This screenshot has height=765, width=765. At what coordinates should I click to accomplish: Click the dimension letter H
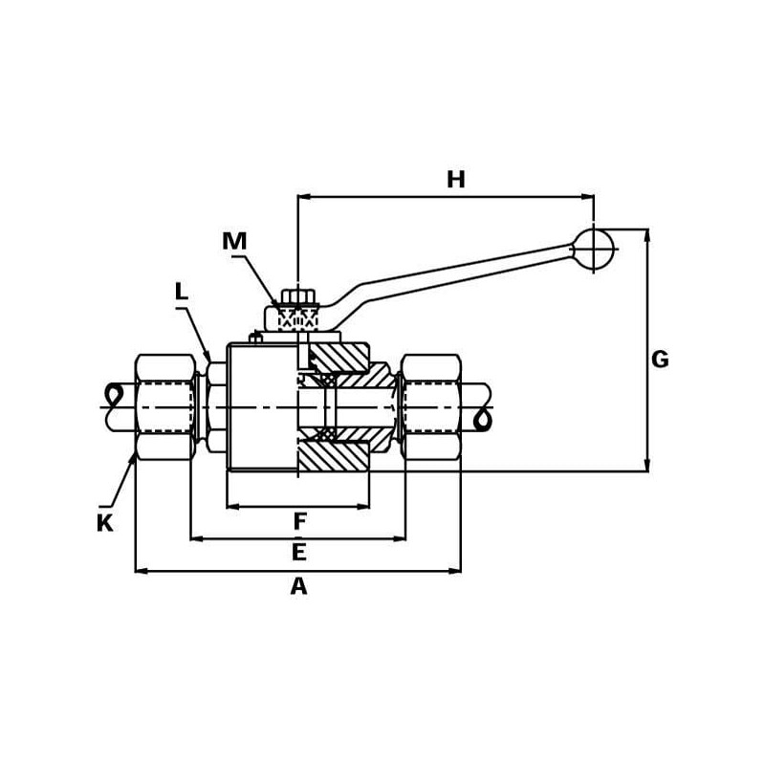click(x=456, y=180)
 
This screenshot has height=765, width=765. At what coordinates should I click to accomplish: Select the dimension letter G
click(x=660, y=360)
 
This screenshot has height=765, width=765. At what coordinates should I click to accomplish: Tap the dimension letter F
click(x=299, y=522)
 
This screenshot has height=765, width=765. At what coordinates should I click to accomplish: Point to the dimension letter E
click(x=298, y=553)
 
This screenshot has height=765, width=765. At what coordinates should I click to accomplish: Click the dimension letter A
click(x=298, y=586)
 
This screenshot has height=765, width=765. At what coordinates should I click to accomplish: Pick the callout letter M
click(x=234, y=242)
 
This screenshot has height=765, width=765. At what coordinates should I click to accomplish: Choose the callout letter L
click(x=182, y=292)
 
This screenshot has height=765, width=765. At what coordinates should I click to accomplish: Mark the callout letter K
click(x=104, y=523)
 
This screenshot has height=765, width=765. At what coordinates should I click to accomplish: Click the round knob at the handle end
click(x=593, y=249)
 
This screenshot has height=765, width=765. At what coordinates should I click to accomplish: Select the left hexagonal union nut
click(x=164, y=406)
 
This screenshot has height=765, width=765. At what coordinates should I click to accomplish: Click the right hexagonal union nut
click(x=430, y=406)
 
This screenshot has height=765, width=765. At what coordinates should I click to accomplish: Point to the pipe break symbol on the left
click(x=115, y=394)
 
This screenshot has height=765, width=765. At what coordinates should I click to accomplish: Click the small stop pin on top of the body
click(x=255, y=337)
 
